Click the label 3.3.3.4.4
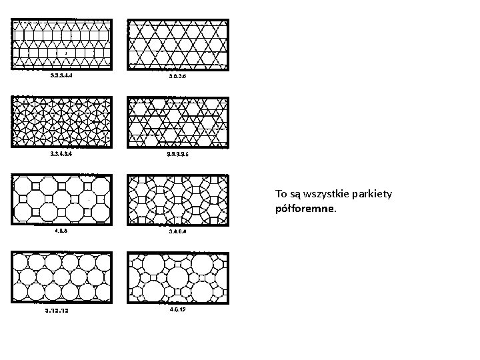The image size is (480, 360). tap(61, 75)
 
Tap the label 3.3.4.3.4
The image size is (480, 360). tap(61, 153)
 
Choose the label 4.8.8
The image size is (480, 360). tap(61, 231)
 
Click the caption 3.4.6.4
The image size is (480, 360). tap(178, 231)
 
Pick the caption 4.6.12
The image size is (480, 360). tap(178, 309)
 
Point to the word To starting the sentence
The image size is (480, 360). tap(281, 194)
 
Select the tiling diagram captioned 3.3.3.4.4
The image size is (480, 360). tap(62, 43)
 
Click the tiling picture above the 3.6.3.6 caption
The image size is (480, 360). tap(177, 43)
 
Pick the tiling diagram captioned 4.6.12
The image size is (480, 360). tap(177, 277)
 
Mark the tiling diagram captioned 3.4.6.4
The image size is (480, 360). tap(177, 199)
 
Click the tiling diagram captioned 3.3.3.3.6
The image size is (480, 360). tap(177, 121)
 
